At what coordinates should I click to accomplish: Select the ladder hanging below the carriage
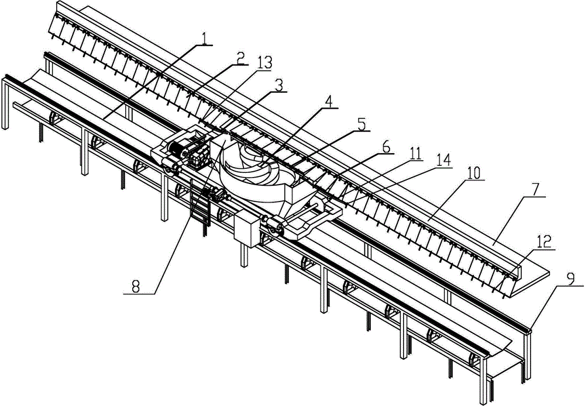(200, 202)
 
